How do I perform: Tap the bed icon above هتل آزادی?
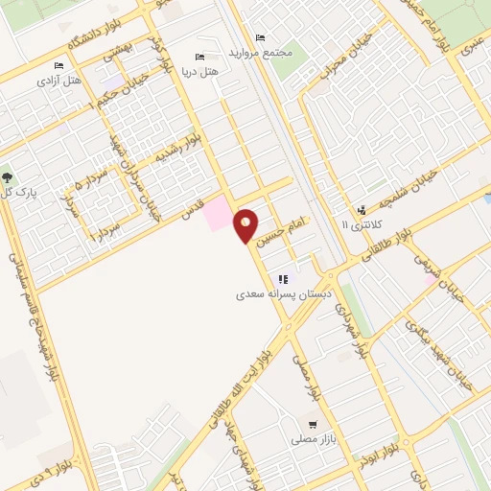(x=58, y=65)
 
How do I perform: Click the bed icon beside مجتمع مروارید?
(x=261, y=37)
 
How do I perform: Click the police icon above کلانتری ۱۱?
(x=362, y=210)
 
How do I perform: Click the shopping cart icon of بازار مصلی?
(x=312, y=424)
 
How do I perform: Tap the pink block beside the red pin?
(x=220, y=212)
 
